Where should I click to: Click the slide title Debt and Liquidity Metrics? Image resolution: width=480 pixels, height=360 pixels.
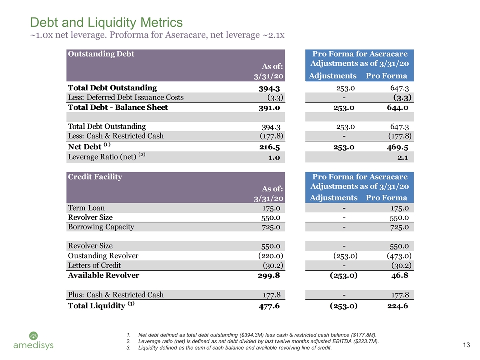[x=106, y=22]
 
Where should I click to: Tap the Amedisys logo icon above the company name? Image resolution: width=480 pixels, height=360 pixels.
[x=33, y=336]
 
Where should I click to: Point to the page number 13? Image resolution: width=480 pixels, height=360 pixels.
[x=466, y=345]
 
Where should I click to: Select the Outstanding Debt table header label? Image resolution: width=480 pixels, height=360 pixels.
[x=101, y=54]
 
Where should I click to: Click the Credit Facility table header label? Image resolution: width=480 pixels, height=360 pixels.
[x=95, y=177]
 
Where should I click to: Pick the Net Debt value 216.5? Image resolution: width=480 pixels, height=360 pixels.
[x=269, y=147]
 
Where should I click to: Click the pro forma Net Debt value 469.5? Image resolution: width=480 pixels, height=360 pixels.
[x=397, y=147]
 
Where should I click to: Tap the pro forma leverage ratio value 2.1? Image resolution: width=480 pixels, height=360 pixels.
[x=403, y=157]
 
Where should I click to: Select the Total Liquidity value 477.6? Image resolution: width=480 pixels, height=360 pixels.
[x=269, y=306]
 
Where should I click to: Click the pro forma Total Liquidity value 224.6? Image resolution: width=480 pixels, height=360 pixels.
[x=398, y=306]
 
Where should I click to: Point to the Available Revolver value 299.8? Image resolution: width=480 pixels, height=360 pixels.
[x=269, y=276]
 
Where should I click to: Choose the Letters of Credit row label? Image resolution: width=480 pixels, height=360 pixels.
[x=94, y=265]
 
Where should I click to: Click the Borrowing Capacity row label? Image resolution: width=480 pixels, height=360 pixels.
[x=101, y=227]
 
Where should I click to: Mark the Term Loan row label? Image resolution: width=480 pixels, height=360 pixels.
[x=86, y=208]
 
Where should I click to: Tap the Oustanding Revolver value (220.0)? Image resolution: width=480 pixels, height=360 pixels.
[x=271, y=256]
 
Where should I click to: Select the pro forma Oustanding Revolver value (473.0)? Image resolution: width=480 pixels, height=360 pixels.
[x=399, y=256]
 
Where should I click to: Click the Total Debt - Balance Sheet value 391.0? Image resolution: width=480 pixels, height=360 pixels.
[x=269, y=108]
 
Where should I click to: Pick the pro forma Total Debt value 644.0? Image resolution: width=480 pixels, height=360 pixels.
[x=397, y=108]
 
